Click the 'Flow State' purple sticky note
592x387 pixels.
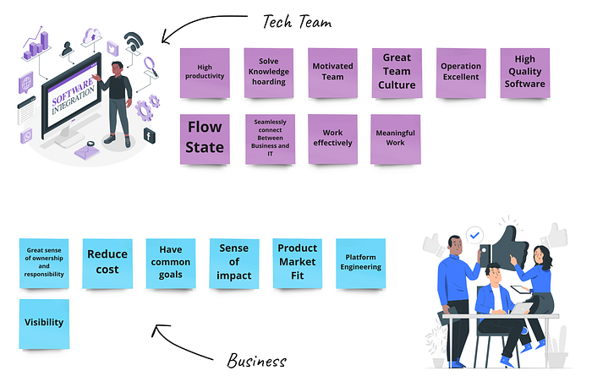pyautogui.click(x=205, y=139)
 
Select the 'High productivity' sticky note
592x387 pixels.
pyautogui.click(x=205, y=73)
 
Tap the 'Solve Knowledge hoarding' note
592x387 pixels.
pyautogui.click(x=269, y=73)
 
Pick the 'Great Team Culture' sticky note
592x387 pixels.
pyautogui.click(x=397, y=73)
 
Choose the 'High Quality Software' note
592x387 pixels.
pyautogui.click(x=525, y=73)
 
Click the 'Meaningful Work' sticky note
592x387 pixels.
pyautogui.click(x=395, y=139)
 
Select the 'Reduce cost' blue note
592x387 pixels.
pyautogui.click(x=107, y=264)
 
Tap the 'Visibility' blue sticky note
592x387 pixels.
pyautogui.click(x=44, y=324)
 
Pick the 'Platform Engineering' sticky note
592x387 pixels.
pyautogui.click(x=360, y=264)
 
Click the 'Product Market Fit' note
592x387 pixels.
pyautogui.click(x=298, y=264)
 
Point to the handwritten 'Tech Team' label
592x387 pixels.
pyautogui.click(x=297, y=21)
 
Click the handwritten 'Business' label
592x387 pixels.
pyautogui.click(x=257, y=360)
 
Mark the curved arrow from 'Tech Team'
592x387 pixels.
pyautogui.click(x=196, y=24)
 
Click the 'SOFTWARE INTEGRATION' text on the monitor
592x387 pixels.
pyautogui.click(x=73, y=96)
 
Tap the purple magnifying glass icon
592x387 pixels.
pyautogui.click(x=151, y=66)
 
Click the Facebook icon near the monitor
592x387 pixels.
pyautogui.click(x=149, y=135)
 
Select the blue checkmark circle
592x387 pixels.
pyautogui.click(x=474, y=236)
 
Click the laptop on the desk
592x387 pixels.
pyautogui.click(x=521, y=308)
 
